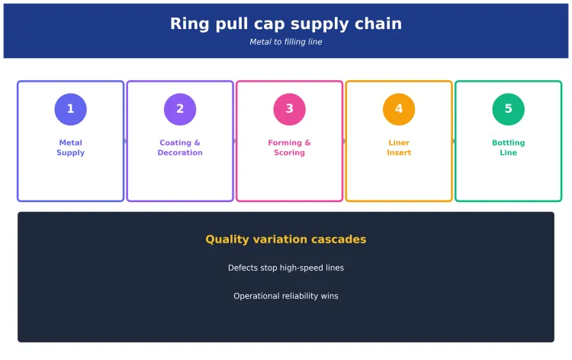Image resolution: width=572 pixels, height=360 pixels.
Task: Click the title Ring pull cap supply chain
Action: pos(286,24)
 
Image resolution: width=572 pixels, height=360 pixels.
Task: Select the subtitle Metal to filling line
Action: pos(286,42)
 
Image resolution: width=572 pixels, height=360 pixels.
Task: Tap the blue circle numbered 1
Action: pos(70,109)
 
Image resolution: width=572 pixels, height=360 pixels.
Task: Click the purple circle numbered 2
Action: pos(180,109)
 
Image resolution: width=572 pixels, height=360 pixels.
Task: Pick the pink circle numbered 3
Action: pos(289,109)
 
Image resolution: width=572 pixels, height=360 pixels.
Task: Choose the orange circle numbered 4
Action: pos(399,109)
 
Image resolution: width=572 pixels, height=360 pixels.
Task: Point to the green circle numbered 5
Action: pos(508,109)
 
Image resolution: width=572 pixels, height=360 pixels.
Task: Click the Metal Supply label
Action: pos(70,148)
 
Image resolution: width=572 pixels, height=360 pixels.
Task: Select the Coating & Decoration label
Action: pos(180,148)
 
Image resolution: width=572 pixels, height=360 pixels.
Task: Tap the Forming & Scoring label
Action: pos(289,148)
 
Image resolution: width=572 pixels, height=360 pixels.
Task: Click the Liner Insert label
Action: pos(399,148)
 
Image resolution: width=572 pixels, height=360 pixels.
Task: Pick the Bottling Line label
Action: pos(508,148)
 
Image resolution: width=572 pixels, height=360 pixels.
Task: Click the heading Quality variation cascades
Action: pos(286,239)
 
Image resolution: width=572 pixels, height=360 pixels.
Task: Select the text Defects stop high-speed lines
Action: pos(286,268)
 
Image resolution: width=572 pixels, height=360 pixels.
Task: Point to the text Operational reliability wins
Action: pos(286,296)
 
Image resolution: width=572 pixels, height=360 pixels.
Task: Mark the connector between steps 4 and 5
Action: pos(454,141)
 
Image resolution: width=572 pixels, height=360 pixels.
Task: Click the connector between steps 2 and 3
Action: pos(235,141)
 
